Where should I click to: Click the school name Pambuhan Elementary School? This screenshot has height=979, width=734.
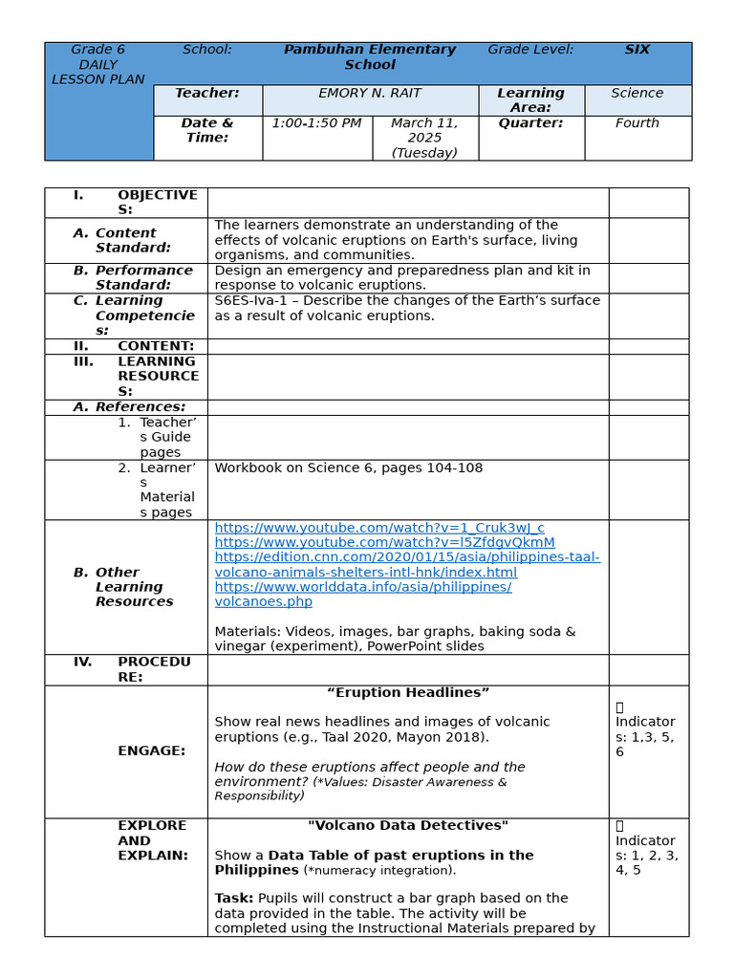point(370,57)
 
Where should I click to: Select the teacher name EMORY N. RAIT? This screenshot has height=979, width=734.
point(370,94)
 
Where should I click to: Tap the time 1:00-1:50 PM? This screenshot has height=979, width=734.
point(316,123)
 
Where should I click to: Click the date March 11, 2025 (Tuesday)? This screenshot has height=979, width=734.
point(424,138)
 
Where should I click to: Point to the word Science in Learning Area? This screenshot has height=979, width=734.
point(637,94)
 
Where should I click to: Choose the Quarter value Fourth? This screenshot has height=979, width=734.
point(637,123)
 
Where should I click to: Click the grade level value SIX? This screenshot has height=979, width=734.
point(637,50)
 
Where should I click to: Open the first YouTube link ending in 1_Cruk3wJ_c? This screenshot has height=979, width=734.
point(379,528)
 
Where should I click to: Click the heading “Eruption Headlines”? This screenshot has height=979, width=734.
point(408,692)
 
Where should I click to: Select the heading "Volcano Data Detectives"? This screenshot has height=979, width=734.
point(408,825)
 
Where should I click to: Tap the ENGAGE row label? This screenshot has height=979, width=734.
point(152,751)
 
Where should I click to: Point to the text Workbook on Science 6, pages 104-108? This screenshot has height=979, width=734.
point(348,468)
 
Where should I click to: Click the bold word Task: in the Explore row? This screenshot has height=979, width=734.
point(234,899)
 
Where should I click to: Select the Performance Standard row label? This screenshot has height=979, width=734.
point(143,277)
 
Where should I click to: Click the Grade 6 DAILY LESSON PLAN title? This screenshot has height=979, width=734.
point(98,65)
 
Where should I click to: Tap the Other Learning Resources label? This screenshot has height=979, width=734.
point(134,587)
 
